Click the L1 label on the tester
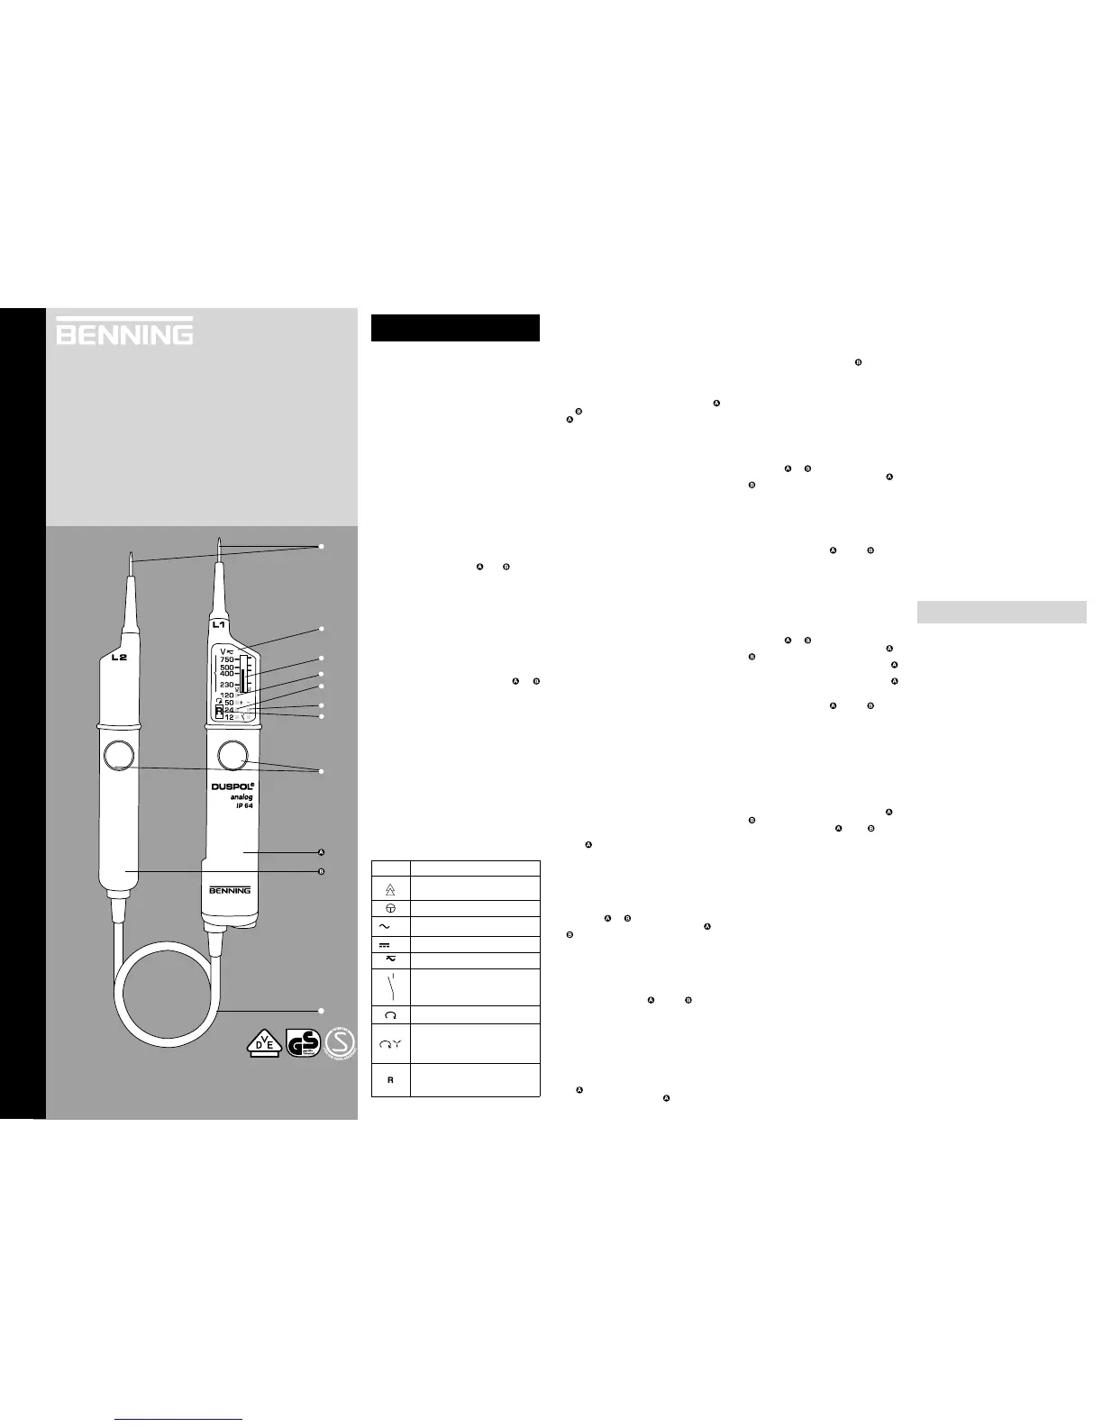[219, 624]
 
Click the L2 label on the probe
[119, 658]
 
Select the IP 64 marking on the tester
[238, 806]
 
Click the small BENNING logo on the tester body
[230, 891]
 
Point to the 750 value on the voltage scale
[226, 659]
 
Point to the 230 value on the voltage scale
[226, 685]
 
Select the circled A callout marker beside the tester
[321, 851]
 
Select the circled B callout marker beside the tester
[321, 872]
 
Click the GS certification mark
[302, 1043]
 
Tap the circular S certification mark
[341, 1042]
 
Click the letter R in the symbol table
[391, 1079]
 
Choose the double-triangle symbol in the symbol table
[391, 888]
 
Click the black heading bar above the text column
[455, 328]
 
